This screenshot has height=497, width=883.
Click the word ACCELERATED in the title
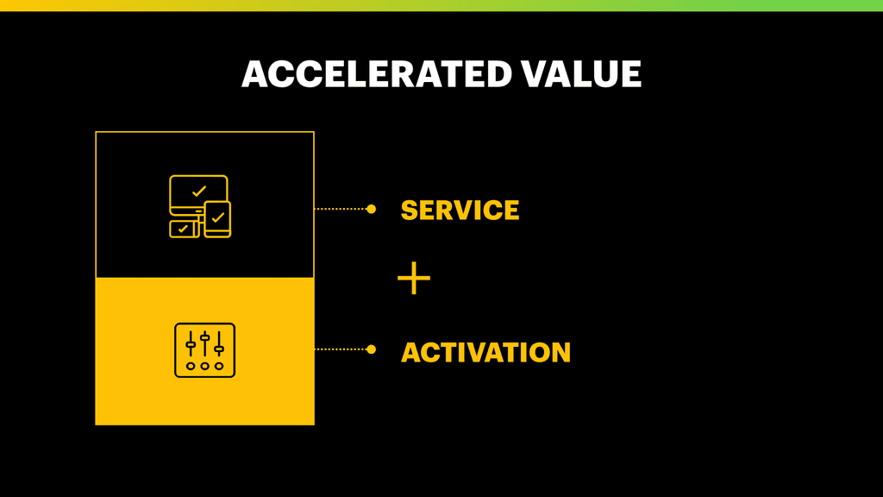pos(377,74)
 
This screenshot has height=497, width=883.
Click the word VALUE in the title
pos(581,74)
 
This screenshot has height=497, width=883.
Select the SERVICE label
pos(460,211)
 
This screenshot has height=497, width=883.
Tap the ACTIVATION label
pos(485,352)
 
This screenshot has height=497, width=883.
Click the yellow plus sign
pos(414,278)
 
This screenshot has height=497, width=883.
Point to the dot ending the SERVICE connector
pos(371,209)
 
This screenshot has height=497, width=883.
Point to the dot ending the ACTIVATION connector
pos(371,349)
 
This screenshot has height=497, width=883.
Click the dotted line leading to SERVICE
pos(341,209)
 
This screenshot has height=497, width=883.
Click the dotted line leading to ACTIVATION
pos(341,349)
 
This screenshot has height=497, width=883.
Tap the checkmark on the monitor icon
pos(199,192)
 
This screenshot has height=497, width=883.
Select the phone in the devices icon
pos(217,219)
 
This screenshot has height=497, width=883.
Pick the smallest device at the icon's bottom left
pos(184,230)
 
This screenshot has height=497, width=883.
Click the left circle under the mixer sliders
pos(191,366)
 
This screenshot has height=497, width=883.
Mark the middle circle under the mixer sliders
pos(205,366)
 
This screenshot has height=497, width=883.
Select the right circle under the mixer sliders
pos(219,366)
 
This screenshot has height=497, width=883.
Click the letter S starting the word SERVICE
pos(409,211)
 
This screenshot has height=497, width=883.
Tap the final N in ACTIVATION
pos(560,352)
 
